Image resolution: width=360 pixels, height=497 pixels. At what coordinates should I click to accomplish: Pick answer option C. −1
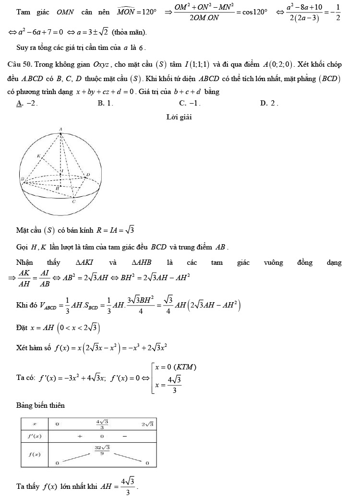click(189, 103)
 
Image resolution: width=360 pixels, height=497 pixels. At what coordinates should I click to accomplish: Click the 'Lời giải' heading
click(179, 117)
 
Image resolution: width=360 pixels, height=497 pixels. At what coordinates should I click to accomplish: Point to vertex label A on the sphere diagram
click(60, 129)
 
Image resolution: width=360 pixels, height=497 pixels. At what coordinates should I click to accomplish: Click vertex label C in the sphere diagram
click(73, 202)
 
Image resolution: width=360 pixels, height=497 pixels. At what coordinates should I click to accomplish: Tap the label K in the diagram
click(38, 156)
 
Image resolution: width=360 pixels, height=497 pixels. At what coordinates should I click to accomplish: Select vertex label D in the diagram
click(88, 175)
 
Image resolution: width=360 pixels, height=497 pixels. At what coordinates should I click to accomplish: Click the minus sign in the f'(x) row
click(124, 436)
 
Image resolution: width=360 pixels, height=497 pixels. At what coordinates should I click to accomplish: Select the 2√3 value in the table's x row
click(147, 424)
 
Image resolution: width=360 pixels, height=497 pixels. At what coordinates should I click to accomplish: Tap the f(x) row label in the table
click(35, 454)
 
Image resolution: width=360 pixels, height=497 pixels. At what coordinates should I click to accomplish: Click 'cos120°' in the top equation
click(253, 12)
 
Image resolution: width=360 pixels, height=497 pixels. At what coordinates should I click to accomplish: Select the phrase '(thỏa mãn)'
click(129, 33)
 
